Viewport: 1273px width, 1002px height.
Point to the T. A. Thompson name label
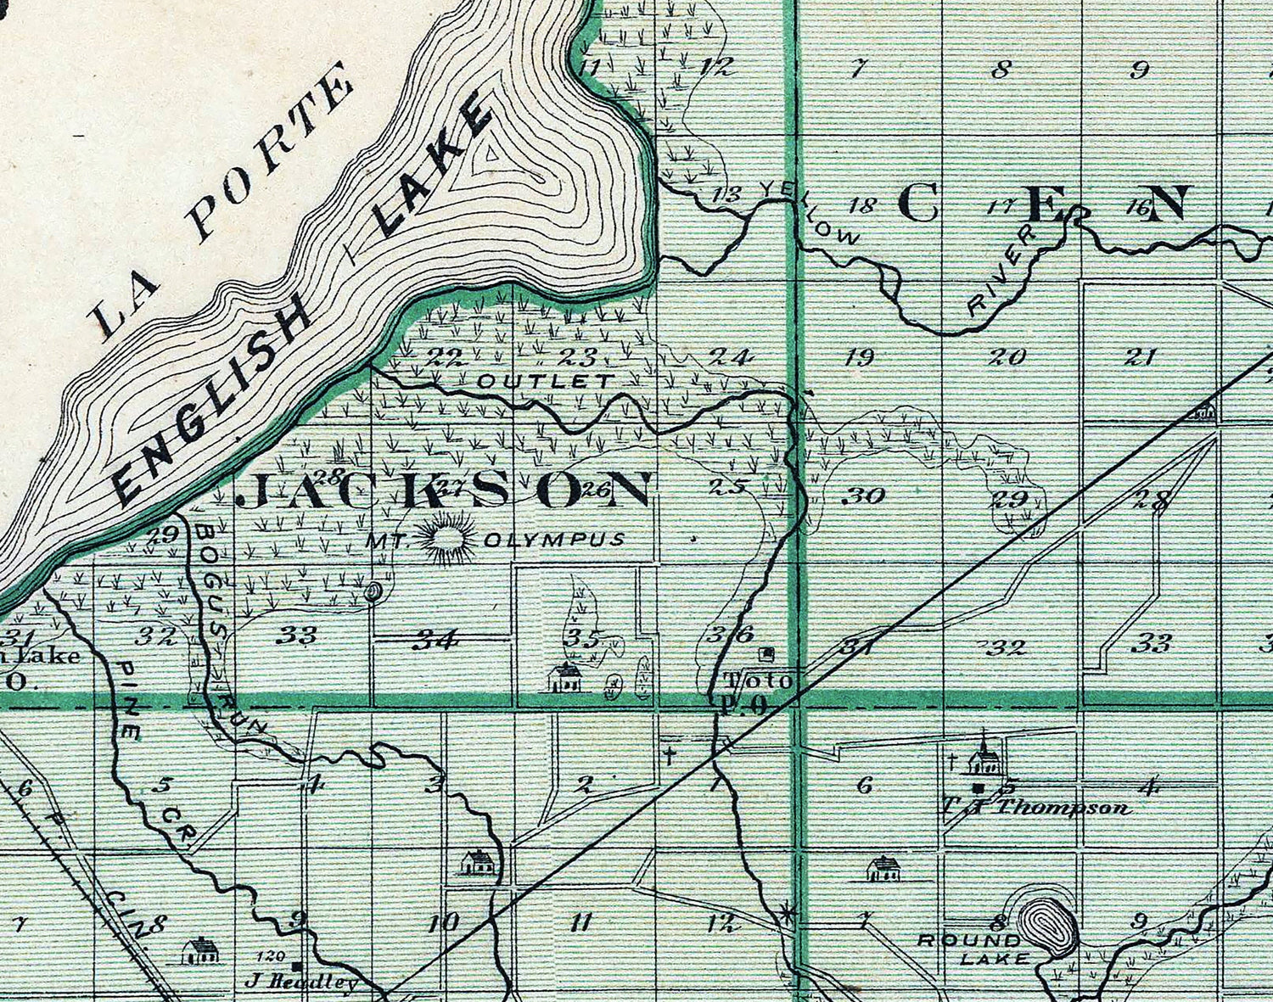point(1035,807)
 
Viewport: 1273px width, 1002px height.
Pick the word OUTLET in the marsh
point(544,381)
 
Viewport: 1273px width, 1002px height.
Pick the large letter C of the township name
point(917,204)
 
